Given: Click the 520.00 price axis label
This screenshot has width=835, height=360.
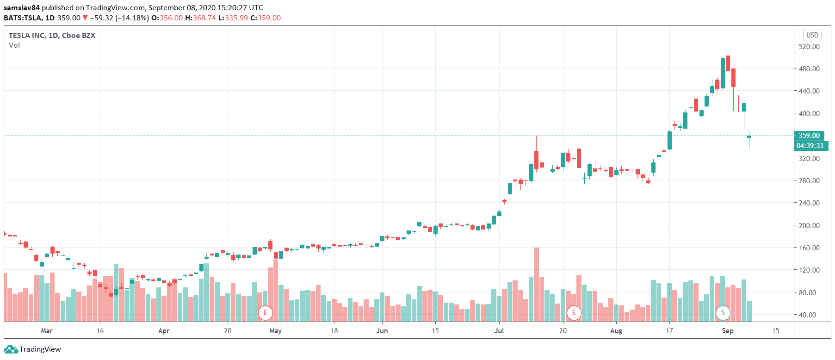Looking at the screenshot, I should [x=809, y=46].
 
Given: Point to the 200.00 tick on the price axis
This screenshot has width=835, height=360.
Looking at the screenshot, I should [x=809, y=225].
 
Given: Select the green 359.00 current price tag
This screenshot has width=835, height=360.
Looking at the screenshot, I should [x=809, y=136].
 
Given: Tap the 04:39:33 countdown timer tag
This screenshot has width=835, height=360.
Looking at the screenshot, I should [x=810, y=146].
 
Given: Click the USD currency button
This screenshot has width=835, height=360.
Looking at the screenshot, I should [x=812, y=35].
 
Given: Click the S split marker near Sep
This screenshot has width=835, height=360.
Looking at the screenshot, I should [x=723, y=313].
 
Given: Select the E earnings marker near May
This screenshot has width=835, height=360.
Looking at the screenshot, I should [x=266, y=313].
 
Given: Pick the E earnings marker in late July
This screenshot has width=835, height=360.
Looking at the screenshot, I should [x=574, y=313].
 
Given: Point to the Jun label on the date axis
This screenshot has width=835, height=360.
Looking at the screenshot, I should [x=382, y=331].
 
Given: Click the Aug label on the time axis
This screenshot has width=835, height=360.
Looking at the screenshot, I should [x=616, y=331].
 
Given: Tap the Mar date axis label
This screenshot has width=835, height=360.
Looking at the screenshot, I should [x=46, y=331].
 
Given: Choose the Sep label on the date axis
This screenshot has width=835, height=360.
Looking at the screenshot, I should [x=728, y=331].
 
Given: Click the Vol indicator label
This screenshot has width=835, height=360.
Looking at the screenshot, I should [x=14, y=45].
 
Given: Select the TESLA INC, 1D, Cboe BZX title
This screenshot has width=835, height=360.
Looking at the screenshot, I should [x=52, y=35].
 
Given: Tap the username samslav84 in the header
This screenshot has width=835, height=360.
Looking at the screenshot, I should [x=22, y=7].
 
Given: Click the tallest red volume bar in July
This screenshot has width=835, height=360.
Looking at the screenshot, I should [x=536, y=285].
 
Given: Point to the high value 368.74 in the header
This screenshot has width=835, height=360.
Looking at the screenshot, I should [x=204, y=18].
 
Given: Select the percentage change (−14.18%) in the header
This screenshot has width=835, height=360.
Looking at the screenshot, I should [x=132, y=18].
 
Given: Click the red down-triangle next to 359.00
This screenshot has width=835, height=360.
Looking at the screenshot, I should [x=85, y=18].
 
